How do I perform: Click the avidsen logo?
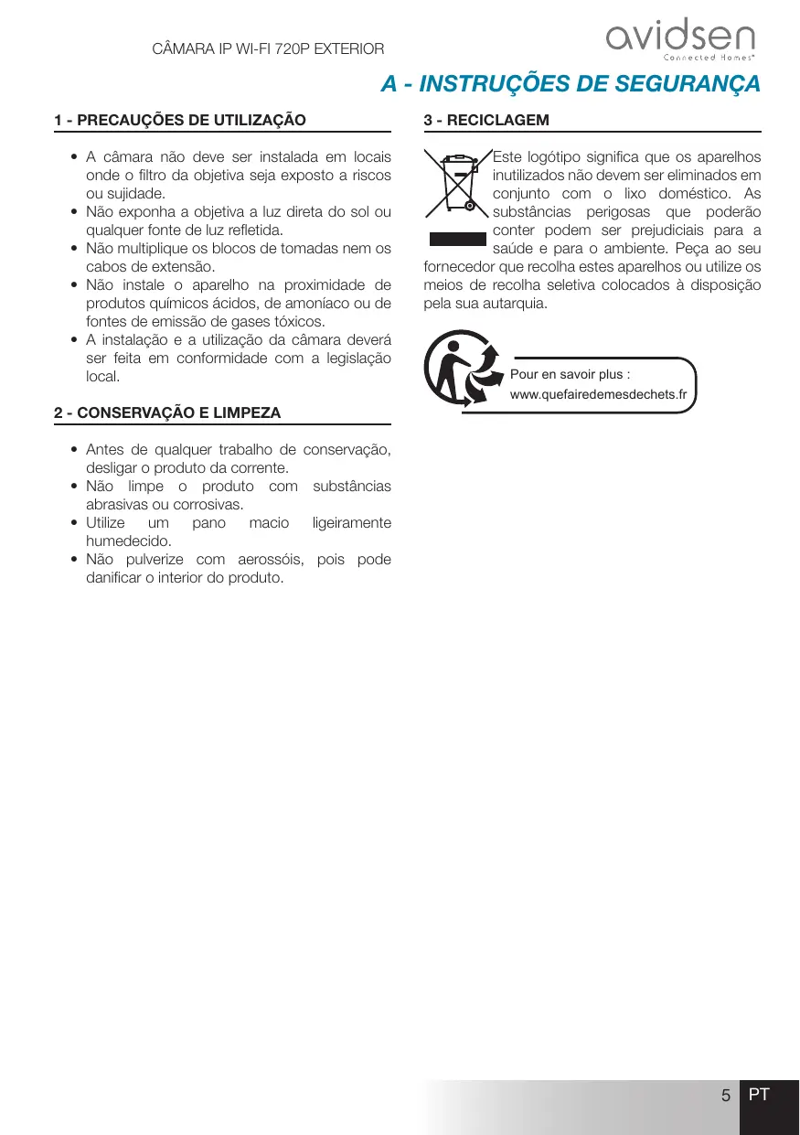(681, 38)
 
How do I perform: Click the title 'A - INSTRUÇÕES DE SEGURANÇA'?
(571, 84)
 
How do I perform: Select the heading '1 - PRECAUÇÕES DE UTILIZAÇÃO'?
(180, 120)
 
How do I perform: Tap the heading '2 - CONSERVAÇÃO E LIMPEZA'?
(167, 413)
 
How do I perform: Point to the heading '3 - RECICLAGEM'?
(486, 120)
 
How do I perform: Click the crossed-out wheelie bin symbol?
(457, 186)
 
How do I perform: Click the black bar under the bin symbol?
(457, 240)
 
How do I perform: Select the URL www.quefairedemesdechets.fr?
(598, 394)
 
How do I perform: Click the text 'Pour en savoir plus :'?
(570, 375)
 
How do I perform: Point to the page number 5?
(725, 1096)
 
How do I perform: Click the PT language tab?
(759, 1095)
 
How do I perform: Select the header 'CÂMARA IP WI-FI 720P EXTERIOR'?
(267, 48)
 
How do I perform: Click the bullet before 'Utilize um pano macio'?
(73, 523)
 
